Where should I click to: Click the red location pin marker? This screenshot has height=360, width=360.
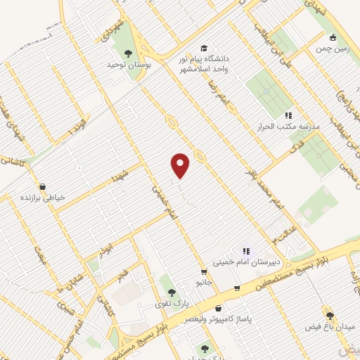[181, 165]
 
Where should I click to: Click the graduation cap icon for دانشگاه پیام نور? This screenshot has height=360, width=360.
[203, 48]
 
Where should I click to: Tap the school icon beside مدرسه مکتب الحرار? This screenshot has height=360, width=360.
[288, 115]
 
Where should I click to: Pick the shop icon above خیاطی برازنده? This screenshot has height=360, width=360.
[43, 187]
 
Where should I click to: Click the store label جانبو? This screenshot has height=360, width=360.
[203, 282]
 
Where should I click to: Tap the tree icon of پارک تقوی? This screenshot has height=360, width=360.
[169, 291]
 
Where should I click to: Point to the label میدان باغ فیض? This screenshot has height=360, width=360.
[328, 327]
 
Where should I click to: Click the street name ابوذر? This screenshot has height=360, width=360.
[104, 250]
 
